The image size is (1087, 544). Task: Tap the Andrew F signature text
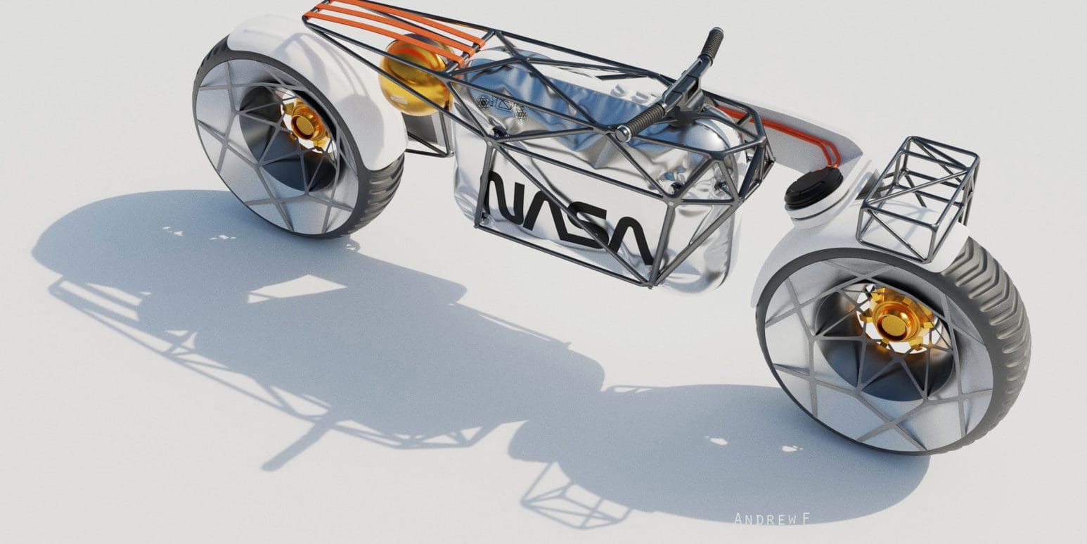click(772, 519)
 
